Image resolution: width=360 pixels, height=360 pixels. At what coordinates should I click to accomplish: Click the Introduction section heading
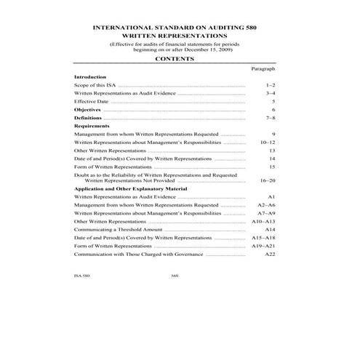[x=90, y=76]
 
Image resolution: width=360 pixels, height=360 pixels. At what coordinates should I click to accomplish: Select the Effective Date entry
[x=92, y=101]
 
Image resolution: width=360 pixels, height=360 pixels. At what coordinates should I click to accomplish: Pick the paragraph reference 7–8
[x=271, y=118]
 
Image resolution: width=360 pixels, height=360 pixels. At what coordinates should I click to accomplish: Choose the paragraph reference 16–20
[x=268, y=179]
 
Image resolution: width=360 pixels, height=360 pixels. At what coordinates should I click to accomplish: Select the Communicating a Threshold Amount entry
[x=118, y=229]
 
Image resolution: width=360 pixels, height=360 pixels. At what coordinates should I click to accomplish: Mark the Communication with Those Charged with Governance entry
[x=138, y=254]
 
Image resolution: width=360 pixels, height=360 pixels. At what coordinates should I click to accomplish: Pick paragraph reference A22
[x=270, y=254]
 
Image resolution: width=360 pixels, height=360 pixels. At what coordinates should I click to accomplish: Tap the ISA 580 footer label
[x=82, y=276]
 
